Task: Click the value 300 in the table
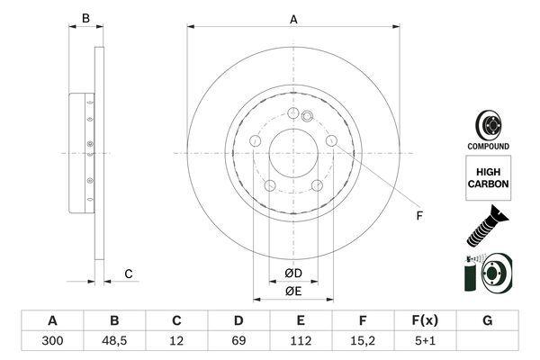(52, 341)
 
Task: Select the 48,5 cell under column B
(114, 341)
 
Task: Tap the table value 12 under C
(176, 341)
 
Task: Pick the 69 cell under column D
(238, 341)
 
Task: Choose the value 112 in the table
(301, 341)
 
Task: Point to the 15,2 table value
(363, 341)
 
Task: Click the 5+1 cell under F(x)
(425, 341)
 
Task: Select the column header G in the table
(487, 320)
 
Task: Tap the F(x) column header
(425, 320)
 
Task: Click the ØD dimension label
(293, 274)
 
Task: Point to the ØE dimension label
(293, 292)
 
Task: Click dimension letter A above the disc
(293, 19)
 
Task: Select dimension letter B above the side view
(85, 18)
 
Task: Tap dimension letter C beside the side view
(129, 274)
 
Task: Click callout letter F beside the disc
(419, 216)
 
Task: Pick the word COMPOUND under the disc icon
(488, 146)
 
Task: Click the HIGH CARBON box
(489, 178)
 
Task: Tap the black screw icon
(487, 226)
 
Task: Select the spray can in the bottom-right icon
(470, 274)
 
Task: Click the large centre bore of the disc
(293, 153)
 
